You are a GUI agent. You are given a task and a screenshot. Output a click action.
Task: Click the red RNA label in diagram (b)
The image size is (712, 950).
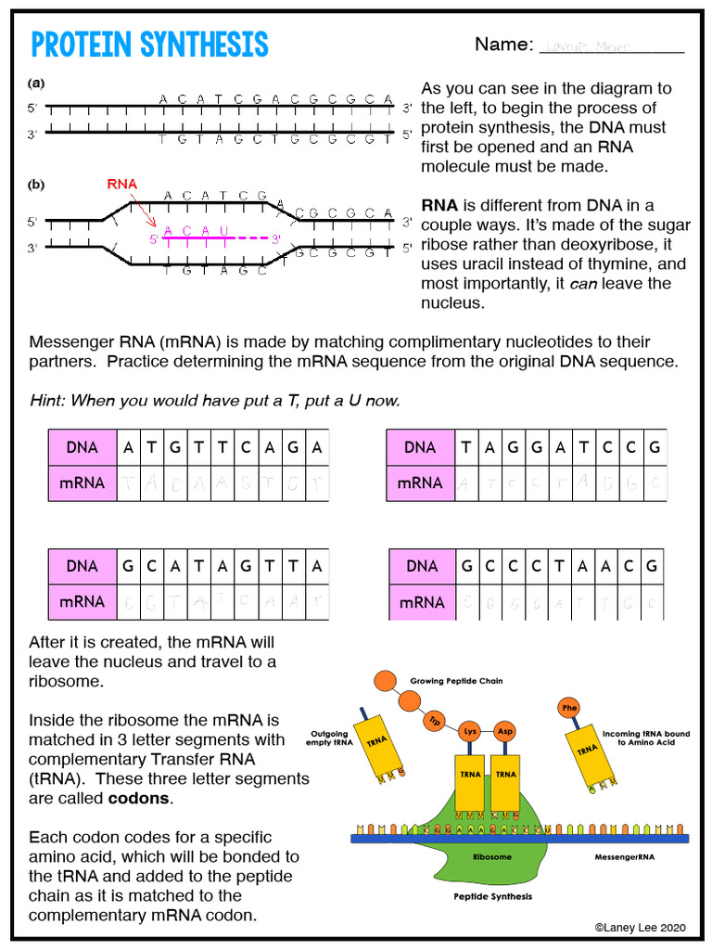[121, 184]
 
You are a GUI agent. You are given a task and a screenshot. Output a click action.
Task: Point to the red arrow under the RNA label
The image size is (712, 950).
[144, 212]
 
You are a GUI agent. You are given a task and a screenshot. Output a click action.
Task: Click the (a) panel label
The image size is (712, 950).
[37, 83]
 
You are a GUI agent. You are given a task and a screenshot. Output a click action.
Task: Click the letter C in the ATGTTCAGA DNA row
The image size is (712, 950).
[246, 447]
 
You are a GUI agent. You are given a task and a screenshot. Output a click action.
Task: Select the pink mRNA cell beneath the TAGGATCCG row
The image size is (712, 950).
[420, 482]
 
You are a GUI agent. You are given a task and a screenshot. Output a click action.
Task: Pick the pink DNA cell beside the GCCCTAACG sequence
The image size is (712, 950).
[422, 566]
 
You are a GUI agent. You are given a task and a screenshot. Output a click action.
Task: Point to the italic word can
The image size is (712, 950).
[582, 284]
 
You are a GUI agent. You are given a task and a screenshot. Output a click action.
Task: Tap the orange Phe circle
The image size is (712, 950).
[568, 709]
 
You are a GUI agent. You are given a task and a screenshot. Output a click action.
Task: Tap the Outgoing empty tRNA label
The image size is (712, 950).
[329, 738]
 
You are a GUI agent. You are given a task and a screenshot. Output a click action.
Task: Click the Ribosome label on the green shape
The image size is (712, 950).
[491, 857]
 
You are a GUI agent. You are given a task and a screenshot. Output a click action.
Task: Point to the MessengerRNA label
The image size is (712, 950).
[624, 857]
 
